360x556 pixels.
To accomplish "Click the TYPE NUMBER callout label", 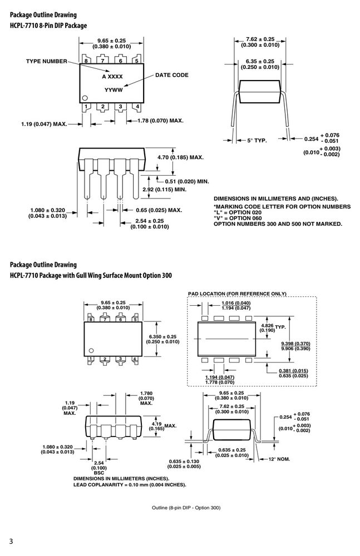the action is pos(47,61).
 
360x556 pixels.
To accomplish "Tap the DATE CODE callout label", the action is pos(172,75).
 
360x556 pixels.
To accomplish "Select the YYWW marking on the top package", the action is pos(114,90).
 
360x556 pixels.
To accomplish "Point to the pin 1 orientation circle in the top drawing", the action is pos(85,98).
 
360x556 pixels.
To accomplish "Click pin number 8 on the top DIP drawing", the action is pos(86,61).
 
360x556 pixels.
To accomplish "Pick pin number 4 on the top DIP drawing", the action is pos(137,106).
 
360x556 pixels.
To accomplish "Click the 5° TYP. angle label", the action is pos(257,141).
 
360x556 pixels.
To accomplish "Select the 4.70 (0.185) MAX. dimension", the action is pos(180,157).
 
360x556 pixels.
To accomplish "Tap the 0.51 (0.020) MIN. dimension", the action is pos(187,182).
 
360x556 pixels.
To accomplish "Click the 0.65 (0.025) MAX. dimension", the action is pos(159,210).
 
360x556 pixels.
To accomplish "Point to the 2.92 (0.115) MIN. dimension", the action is pos(164,190).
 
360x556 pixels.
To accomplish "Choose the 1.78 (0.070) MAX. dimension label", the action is pos(160,121).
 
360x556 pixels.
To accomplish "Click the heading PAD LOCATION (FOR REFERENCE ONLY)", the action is pos(237,294).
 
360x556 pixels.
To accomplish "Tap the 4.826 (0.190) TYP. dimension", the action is pos(273,327).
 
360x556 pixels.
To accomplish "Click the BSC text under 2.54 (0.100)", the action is pos(99,473).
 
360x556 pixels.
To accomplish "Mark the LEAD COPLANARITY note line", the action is pos(130,485).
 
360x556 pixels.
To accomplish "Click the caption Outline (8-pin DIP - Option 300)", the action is pos(186,508).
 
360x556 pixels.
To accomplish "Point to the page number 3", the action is pos(11,542).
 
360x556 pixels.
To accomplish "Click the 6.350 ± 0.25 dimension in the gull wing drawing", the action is pos(162,337).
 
